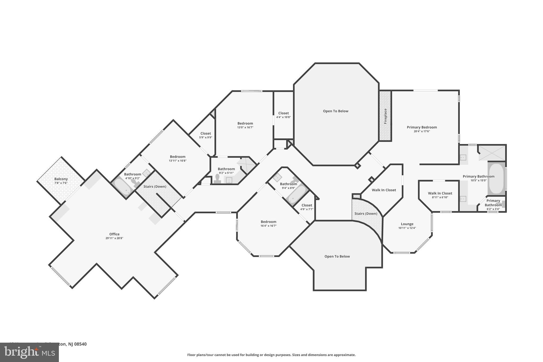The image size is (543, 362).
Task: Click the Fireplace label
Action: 386,116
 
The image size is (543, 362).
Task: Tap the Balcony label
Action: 61,179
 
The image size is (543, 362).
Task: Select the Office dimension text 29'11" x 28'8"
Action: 114,238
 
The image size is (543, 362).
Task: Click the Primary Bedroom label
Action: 422,127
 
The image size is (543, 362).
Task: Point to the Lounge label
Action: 407,224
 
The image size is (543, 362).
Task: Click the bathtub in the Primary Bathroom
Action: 496,179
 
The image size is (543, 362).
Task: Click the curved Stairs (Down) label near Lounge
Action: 366,213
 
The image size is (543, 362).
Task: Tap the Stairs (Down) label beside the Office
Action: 155,186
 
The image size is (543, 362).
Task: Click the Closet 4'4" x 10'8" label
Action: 283,113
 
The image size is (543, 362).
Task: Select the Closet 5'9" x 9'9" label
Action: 205,134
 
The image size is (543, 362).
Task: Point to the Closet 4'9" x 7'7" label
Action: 307,205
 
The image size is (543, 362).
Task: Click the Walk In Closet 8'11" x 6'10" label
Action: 440,193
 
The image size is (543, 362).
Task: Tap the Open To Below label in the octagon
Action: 335,111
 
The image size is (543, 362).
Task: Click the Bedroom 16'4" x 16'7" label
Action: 268,222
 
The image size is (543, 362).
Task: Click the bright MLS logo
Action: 29,352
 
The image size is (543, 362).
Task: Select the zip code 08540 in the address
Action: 81,344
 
